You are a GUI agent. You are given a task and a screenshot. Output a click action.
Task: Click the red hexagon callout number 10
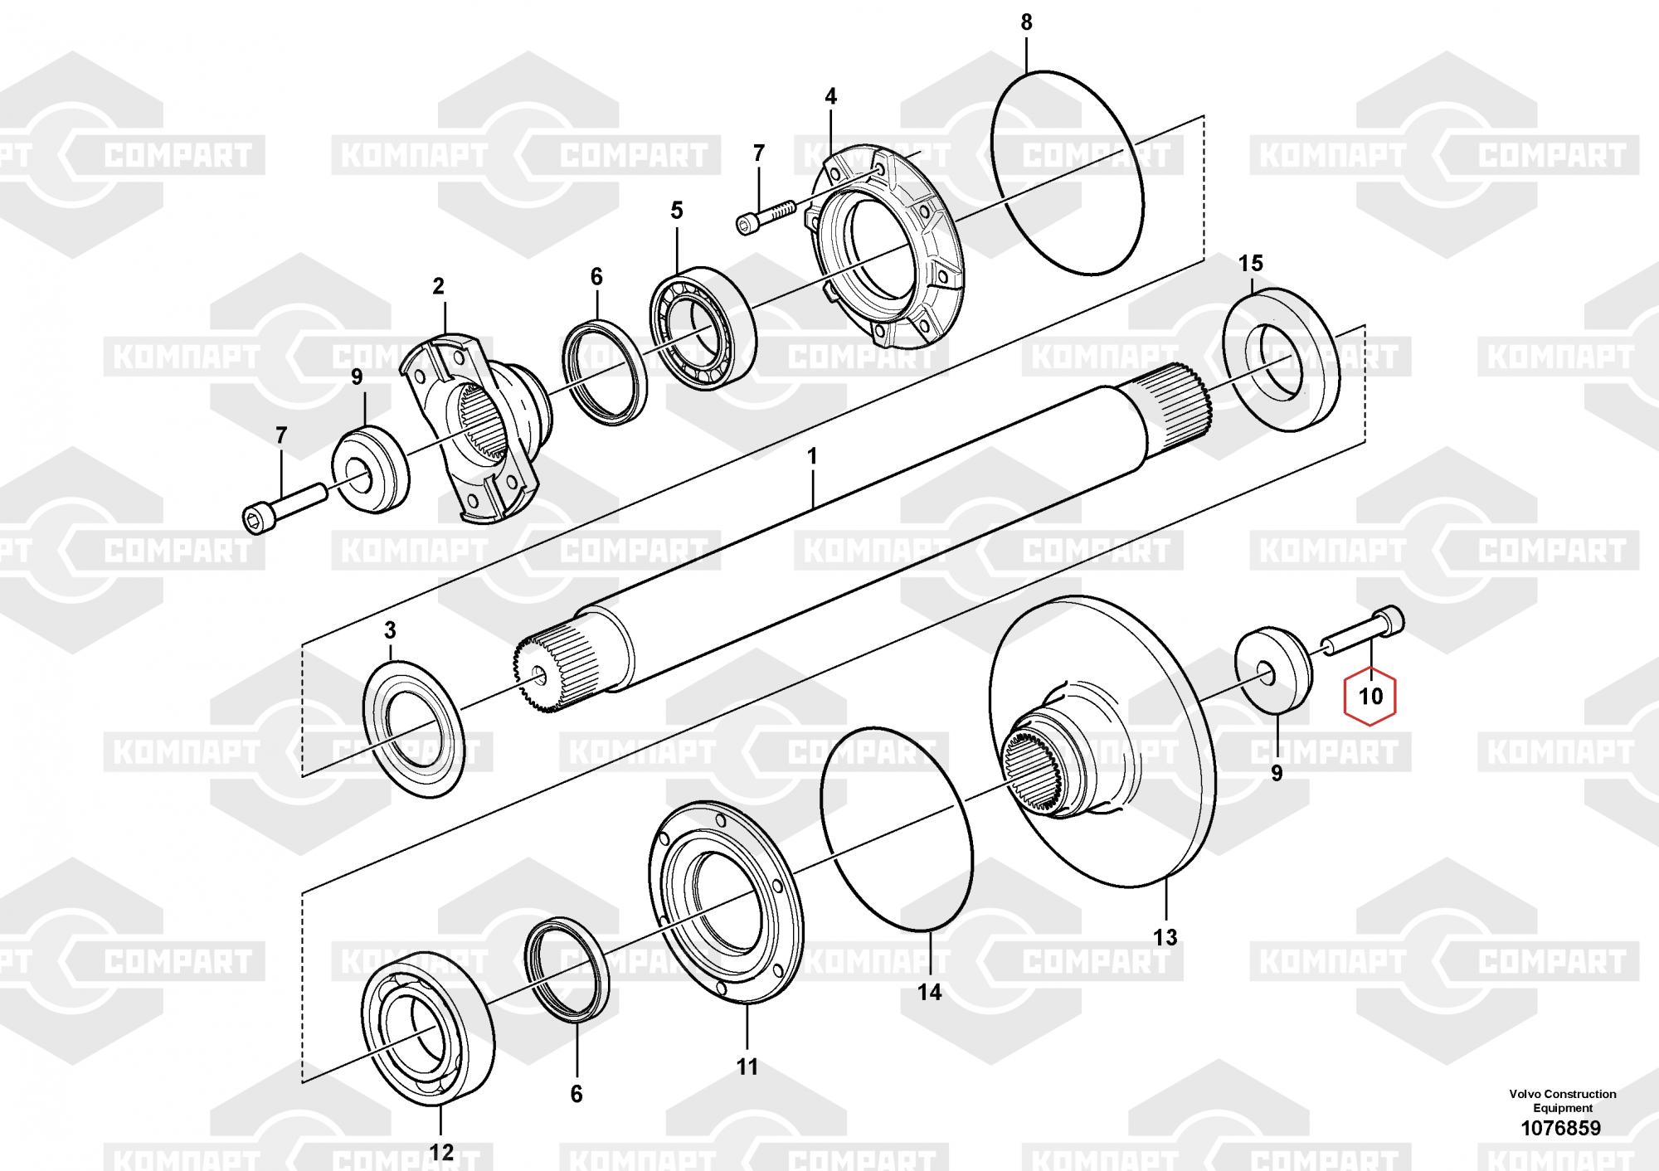(x=1371, y=696)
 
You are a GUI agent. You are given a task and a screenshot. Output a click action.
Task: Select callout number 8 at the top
(x=1026, y=22)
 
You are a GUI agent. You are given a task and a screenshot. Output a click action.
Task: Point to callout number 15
(x=1250, y=264)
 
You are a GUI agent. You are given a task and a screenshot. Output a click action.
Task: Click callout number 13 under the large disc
(x=1165, y=937)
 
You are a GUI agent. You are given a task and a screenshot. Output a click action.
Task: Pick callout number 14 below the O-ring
(x=930, y=992)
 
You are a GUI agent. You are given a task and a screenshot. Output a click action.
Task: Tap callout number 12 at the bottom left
(x=441, y=1152)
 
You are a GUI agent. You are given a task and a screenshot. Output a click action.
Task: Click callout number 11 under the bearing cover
(x=747, y=1067)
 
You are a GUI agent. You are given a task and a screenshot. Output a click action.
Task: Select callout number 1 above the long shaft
(x=812, y=456)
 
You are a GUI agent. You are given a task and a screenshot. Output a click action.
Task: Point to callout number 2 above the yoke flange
(x=438, y=287)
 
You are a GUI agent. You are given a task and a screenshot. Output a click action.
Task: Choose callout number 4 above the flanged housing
(x=830, y=96)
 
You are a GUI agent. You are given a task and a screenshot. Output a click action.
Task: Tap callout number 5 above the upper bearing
(x=677, y=211)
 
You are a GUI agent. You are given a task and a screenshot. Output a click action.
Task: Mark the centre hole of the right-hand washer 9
(x=1267, y=673)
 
